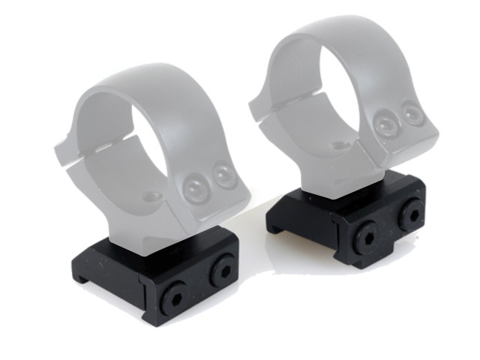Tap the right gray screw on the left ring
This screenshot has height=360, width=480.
(223, 175)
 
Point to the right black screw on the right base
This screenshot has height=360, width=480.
(411, 215)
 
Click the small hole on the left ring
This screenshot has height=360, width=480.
(153, 196)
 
